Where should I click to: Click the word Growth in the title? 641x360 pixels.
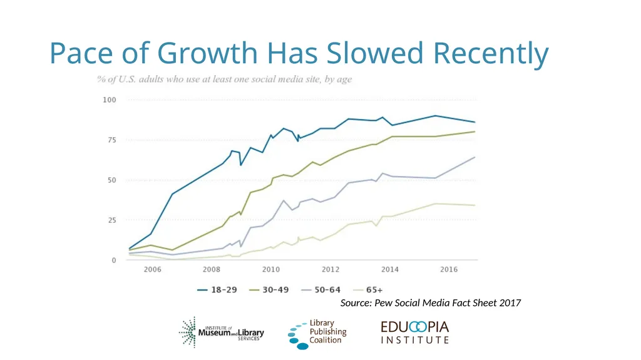(x=207, y=53)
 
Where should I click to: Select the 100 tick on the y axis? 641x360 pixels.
(x=109, y=100)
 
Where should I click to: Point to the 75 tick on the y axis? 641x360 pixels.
(x=111, y=140)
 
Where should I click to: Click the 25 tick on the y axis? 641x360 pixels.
(x=111, y=220)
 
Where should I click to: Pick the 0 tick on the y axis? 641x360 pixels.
(x=114, y=260)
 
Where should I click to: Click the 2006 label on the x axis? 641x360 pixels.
(x=152, y=269)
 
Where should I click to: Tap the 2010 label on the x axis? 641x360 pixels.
(x=270, y=269)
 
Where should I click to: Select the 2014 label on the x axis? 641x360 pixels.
(x=389, y=269)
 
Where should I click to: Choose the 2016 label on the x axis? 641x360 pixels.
(x=449, y=269)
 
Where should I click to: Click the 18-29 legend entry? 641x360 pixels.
(x=217, y=290)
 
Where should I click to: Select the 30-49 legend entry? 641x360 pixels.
(x=269, y=290)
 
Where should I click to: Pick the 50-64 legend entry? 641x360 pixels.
(x=321, y=290)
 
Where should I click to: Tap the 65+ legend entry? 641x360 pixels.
(x=368, y=290)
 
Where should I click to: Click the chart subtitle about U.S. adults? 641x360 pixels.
(x=225, y=79)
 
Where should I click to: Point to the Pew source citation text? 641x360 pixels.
(x=431, y=303)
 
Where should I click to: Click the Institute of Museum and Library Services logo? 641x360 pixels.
(x=221, y=332)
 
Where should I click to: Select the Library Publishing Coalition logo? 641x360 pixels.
(x=317, y=334)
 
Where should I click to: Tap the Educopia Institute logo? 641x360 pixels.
(x=415, y=332)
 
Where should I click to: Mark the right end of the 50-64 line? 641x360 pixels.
(x=474, y=157)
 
